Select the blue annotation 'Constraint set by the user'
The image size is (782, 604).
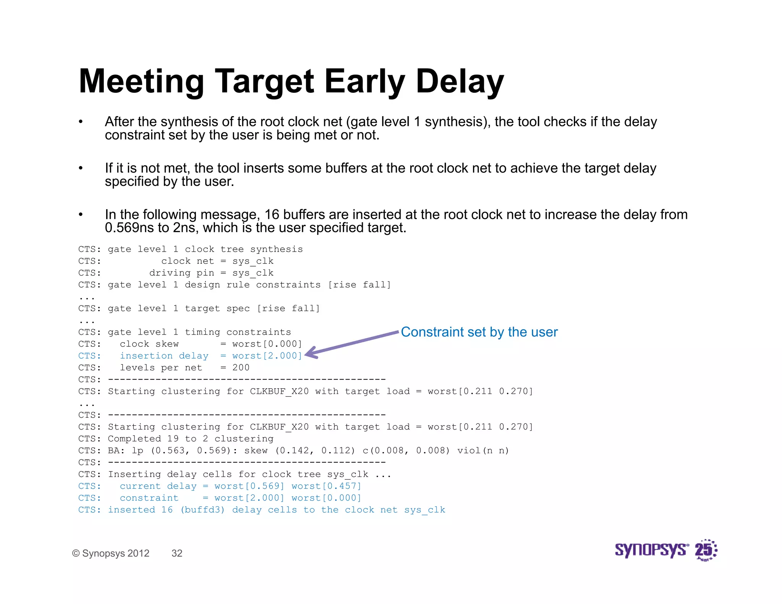pyautogui.click(x=479, y=332)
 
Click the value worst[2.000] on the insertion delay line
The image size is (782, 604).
pyautogui.click(x=267, y=356)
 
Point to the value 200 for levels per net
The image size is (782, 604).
pyautogui.click(x=241, y=368)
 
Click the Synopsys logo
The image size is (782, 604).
pyautogui.click(x=651, y=550)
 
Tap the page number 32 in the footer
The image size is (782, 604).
pyautogui.click(x=177, y=553)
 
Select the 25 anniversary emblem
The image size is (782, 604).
pyautogui.click(x=706, y=550)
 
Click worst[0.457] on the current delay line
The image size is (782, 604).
pyautogui.click(x=326, y=486)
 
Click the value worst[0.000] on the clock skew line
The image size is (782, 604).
pyautogui.click(x=267, y=344)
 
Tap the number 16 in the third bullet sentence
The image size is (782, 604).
pyautogui.click(x=272, y=215)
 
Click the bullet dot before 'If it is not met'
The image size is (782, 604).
pyautogui.click(x=81, y=168)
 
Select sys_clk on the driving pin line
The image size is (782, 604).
pyautogui.click(x=253, y=273)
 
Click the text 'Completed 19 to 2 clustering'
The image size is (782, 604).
pyautogui.click(x=191, y=439)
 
